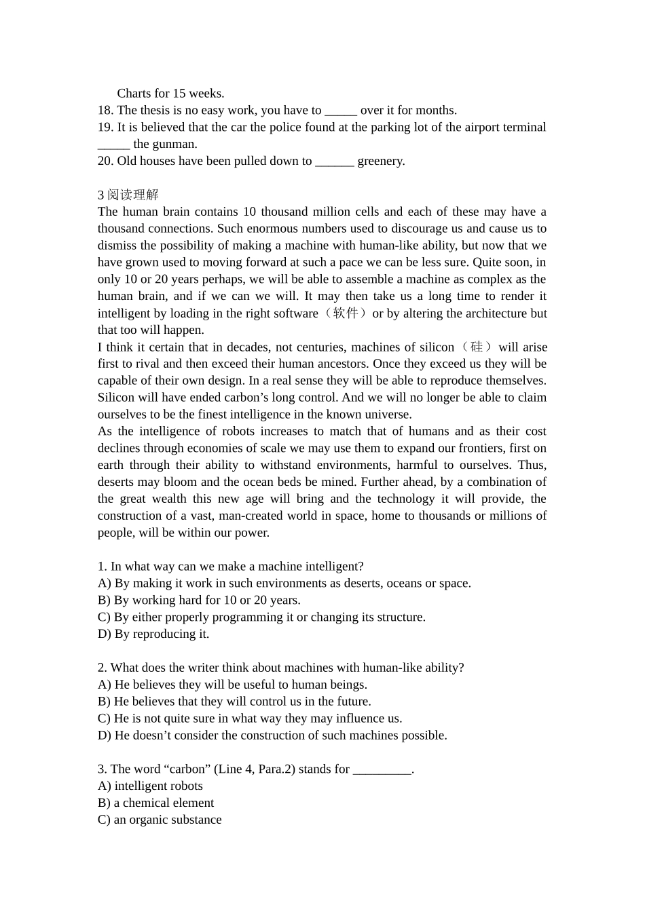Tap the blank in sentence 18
click(x=340, y=111)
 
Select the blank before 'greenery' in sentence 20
click(x=334, y=161)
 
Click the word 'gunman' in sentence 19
click(x=174, y=144)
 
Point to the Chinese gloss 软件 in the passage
click(x=346, y=313)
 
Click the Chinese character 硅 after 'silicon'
click(x=477, y=347)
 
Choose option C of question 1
click(x=261, y=617)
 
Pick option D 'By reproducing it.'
click(x=153, y=634)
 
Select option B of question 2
click(x=234, y=702)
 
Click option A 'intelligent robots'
click(x=150, y=786)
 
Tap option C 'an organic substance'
click(x=160, y=820)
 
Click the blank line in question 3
click(x=382, y=769)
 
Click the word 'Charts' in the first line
click(x=134, y=94)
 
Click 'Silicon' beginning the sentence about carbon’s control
click(x=116, y=398)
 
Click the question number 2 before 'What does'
click(x=102, y=668)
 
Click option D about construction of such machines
click(x=272, y=736)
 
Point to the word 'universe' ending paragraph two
click(x=388, y=415)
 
